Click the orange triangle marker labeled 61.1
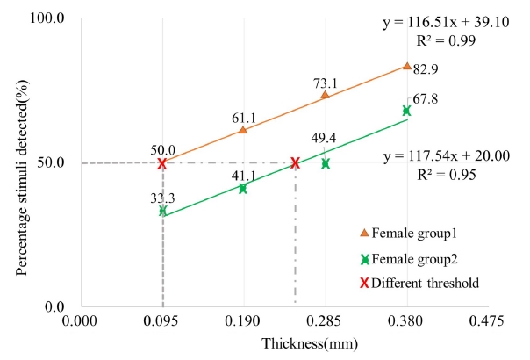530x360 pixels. [243, 129]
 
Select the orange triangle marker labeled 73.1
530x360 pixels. [325, 94]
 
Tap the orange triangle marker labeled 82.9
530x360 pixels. [406, 66]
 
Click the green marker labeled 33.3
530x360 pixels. [162, 211]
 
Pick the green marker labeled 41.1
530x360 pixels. [243, 188]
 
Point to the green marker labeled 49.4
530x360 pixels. [326, 163]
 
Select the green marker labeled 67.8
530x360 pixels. [406, 111]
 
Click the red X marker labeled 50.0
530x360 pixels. [161, 162]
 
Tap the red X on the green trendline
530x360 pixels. [295, 162]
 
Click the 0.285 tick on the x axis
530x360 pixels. [325, 320]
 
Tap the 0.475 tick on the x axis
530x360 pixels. [488, 320]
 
